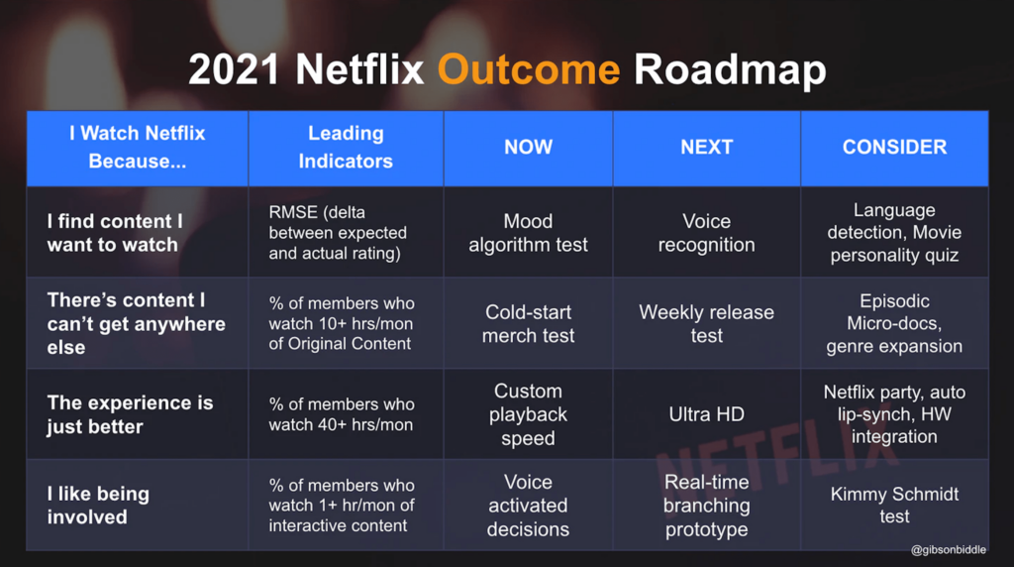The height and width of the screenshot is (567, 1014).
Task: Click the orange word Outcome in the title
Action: [529, 69]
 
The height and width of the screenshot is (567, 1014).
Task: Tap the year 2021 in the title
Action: [234, 69]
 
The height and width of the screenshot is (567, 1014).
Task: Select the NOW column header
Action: [529, 147]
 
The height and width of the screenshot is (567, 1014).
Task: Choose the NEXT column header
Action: [706, 147]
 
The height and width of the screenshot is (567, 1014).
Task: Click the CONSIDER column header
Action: [894, 147]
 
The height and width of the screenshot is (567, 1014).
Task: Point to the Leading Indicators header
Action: [346, 147]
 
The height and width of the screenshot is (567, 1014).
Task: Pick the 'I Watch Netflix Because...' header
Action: [137, 147]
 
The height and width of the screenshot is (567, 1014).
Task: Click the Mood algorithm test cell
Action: [529, 233]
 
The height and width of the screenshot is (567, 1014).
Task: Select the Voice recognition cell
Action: [706, 233]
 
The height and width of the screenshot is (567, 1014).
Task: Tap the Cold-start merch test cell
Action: [529, 323]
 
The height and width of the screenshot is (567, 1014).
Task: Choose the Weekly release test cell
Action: [706, 323]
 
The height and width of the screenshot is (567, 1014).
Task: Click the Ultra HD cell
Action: [706, 414]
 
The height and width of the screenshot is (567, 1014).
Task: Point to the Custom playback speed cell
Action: [529, 414]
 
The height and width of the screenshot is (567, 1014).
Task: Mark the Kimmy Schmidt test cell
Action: [894, 505]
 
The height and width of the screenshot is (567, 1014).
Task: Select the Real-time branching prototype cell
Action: [706, 506]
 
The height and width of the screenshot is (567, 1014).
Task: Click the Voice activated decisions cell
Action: [529, 506]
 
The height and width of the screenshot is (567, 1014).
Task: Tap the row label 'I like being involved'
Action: [98, 506]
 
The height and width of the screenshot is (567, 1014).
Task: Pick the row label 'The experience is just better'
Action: [130, 414]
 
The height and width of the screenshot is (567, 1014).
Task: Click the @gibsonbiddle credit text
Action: [948, 549]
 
